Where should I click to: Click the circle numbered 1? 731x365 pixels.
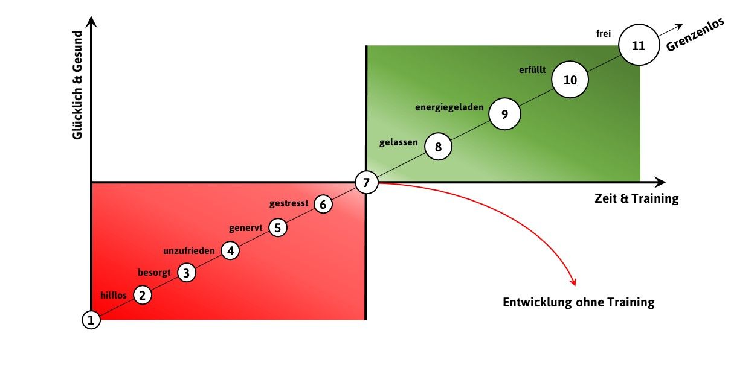pyautogui.click(x=91, y=320)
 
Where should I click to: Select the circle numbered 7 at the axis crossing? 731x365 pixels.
pyautogui.click(x=367, y=182)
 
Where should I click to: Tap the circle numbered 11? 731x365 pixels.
pyautogui.click(x=639, y=45)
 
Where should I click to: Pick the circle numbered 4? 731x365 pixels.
pyautogui.click(x=230, y=250)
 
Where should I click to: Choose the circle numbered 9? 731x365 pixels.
pyautogui.click(x=505, y=114)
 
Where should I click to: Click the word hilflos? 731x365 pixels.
pyautogui.click(x=113, y=295)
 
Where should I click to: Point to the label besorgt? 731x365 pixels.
pyautogui.click(x=154, y=273)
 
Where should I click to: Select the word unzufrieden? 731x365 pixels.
pyautogui.click(x=189, y=250)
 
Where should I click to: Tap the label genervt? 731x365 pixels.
pyautogui.click(x=245, y=228)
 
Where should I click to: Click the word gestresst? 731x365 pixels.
pyautogui.click(x=289, y=203)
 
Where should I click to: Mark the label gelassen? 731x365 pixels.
pyautogui.click(x=399, y=142)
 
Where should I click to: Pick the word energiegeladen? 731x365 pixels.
pyautogui.click(x=449, y=107)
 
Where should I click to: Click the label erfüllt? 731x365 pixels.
pyautogui.click(x=532, y=69)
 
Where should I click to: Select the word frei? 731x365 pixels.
pyautogui.click(x=604, y=33)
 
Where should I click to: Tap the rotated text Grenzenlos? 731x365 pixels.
pyautogui.click(x=695, y=35)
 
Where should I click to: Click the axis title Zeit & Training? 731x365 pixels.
pyautogui.click(x=636, y=198)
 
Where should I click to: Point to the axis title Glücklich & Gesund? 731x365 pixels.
pyautogui.click(x=77, y=85)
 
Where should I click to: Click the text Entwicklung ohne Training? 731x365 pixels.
pyautogui.click(x=579, y=302)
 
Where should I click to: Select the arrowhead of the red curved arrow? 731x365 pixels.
pyautogui.click(x=573, y=282)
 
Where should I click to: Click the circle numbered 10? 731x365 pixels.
pyautogui.click(x=570, y=80)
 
